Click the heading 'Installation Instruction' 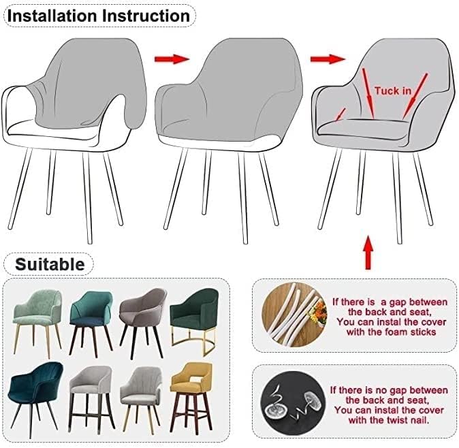point(99,16)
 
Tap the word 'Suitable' point(50,264)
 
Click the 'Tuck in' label point(393,91)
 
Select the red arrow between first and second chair point(172,59)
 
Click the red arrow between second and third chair point(328,59)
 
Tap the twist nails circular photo point(293,404)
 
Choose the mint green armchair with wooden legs point(37,322)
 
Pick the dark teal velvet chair point(35,398)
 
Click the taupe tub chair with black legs point(143,322)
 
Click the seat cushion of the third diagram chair point(363,128)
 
